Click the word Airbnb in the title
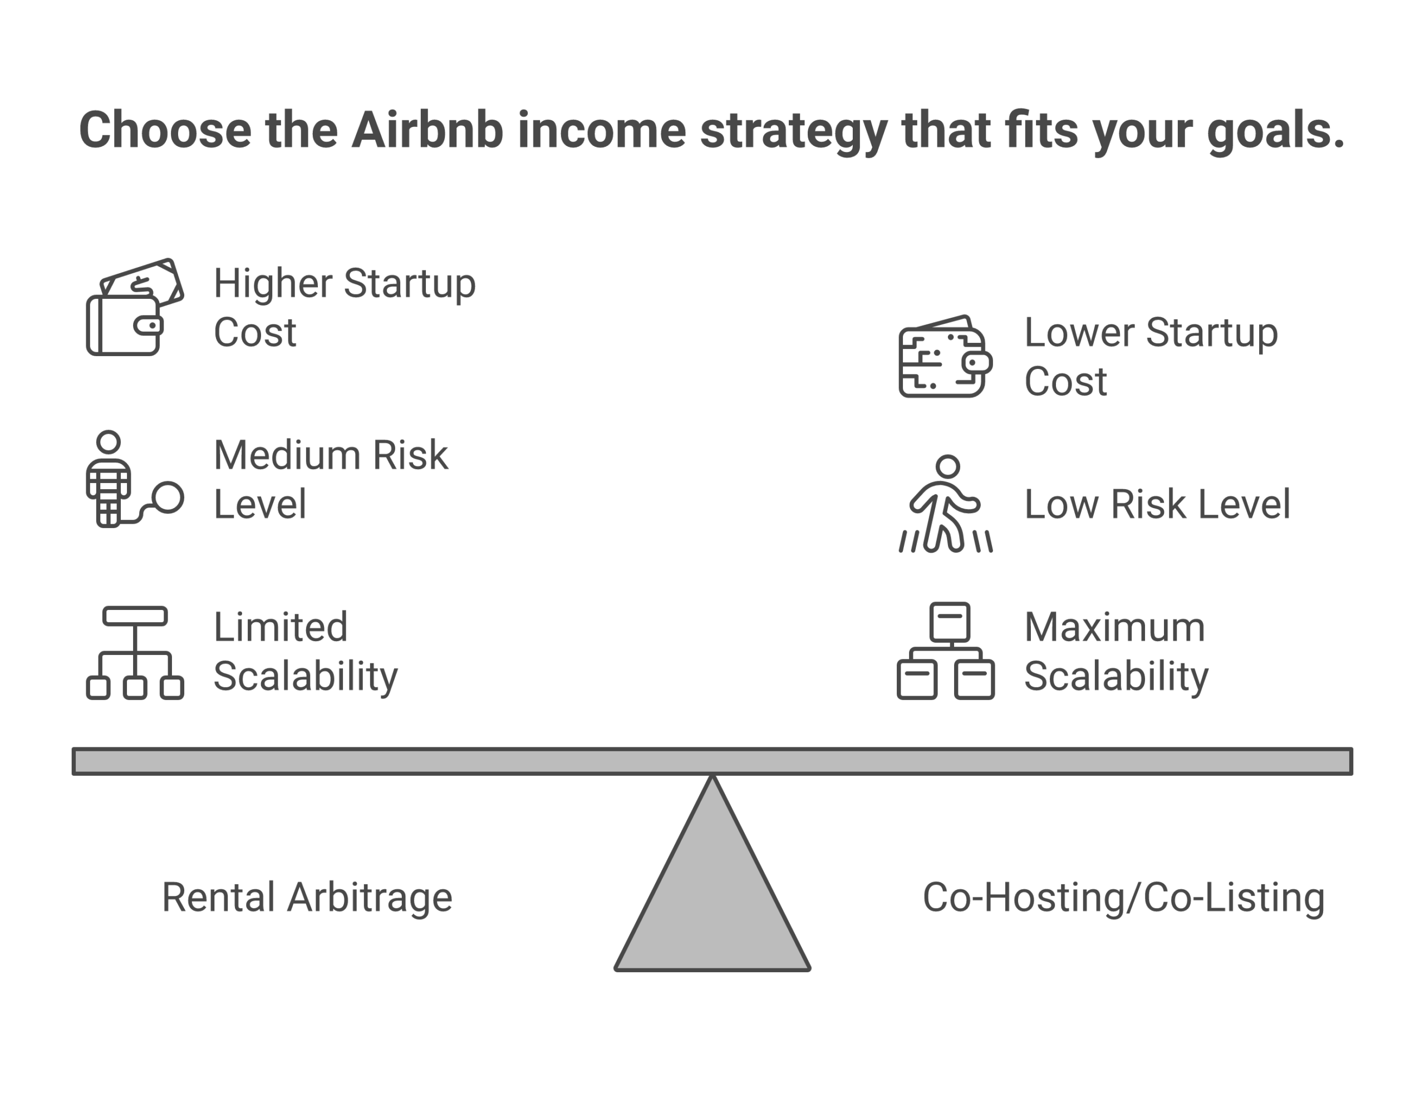pyautogui.click(x=427, y=130)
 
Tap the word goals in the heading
pyautogui.click(x=1274, y=130)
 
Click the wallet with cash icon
pyautogui.click(x=135, y=307)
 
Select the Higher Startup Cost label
pyautogui.click(x=344, y=307)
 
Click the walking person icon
pyautogui.click(x=946, y=504)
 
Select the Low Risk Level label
pyautogui.click(x=1157, y=504)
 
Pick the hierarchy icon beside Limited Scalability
pyautogui.click(x=135, y=653)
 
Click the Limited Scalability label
pyautogui.click(x=305, y=651)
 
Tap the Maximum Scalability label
pyautogui.click(x=1116, y=651)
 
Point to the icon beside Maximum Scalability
pyautogui.click(x=945, y=651)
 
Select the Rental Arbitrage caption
pyautogui.click(x=307, y=897)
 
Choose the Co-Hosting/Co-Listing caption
pyautogui.click(x=1123, y=897)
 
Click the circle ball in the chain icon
pyautogui.click(x=169, y=498)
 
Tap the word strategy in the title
pyautogui.click(x=793, y=130)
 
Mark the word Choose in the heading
pyautogui.click(x=165, y=130)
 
